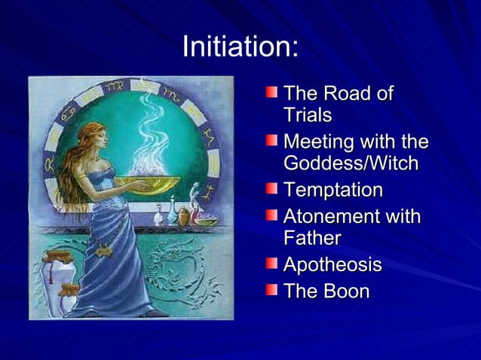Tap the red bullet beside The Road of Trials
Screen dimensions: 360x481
pos(271,93)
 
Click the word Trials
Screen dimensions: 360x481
pos(308,116)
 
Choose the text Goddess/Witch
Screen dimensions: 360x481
pos(350,163)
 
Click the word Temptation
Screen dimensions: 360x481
pos(332,190)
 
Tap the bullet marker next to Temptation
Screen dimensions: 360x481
pos(271,188)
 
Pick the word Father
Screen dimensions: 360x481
pos(312,239)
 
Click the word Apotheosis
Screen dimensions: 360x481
pos(332,265)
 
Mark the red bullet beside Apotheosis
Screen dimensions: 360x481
pos(271,264)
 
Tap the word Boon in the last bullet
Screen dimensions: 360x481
pos(347,291)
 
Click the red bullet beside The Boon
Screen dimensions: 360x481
pos(271,288)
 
